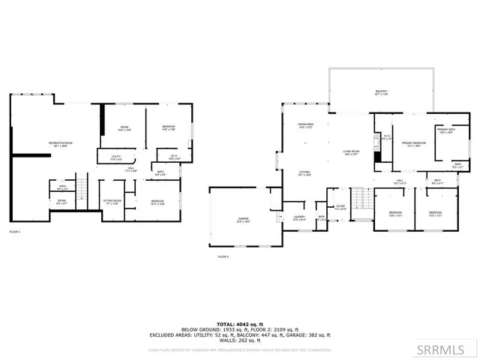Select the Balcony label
point(382,93)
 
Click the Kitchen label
point(305,173)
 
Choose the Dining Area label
point(305,125)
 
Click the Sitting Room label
point(112,202)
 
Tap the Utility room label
point(116,157)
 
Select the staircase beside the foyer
point(361,198)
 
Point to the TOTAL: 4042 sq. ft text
point(240,324)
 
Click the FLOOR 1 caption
point(15,232)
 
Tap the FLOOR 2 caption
point(223,256)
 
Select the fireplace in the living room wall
point(379,148)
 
